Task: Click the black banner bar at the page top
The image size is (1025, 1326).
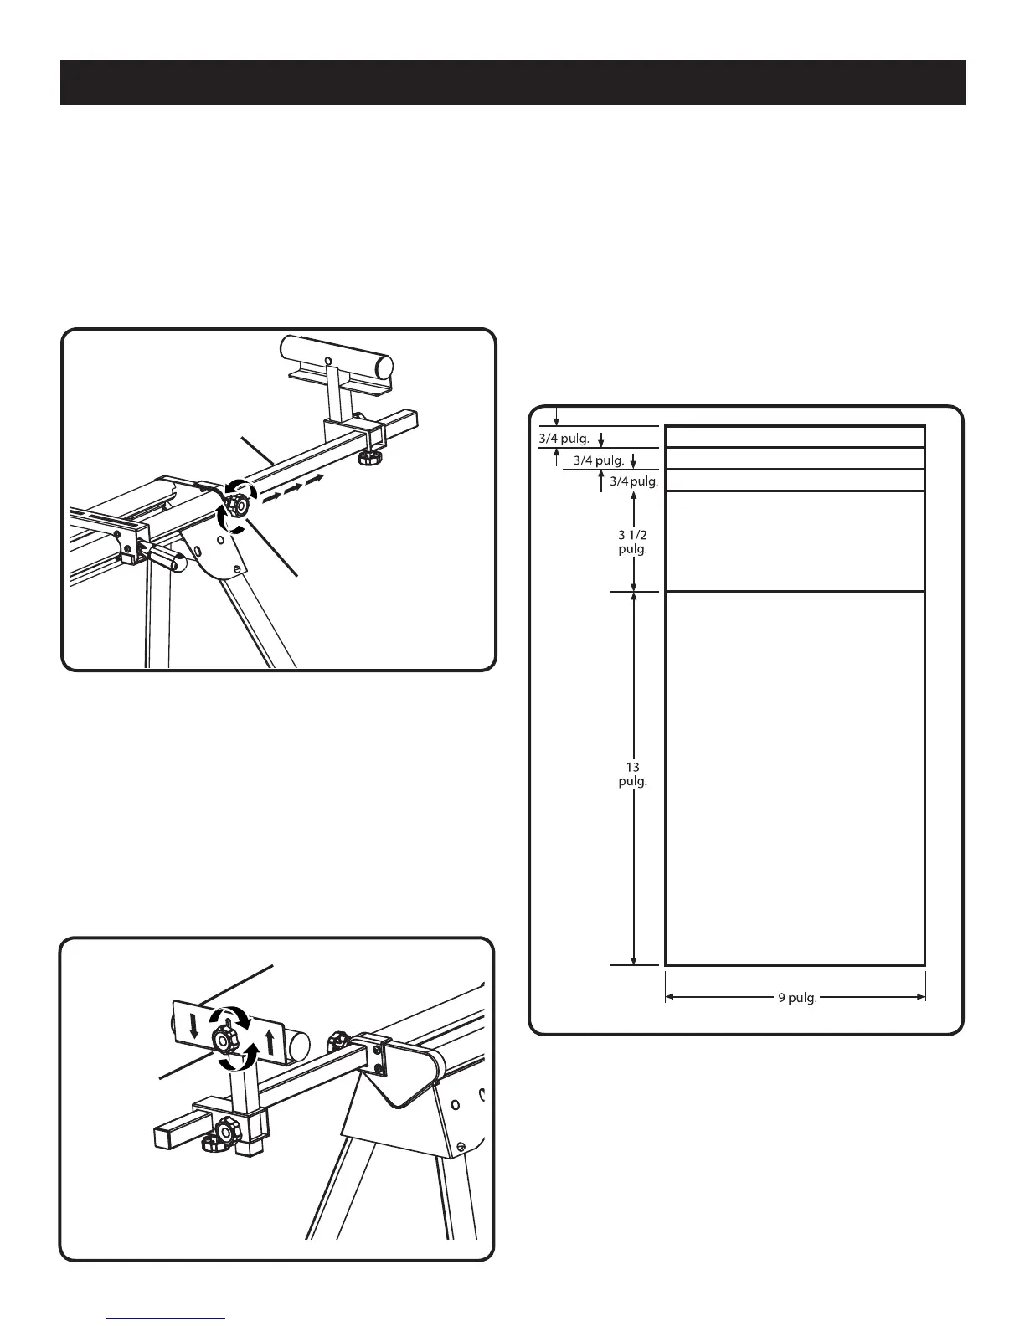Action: (x=512, y=82)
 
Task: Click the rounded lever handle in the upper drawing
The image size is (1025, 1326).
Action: (x=165, y=558)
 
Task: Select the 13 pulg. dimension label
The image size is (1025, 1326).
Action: (x=633, y=773)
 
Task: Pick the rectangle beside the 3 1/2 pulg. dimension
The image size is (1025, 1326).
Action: (x=795, y=541)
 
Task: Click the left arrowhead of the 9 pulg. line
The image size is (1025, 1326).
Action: (x=670, y=997)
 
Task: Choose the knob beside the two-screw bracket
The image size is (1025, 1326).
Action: (x=338, y=1042)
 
